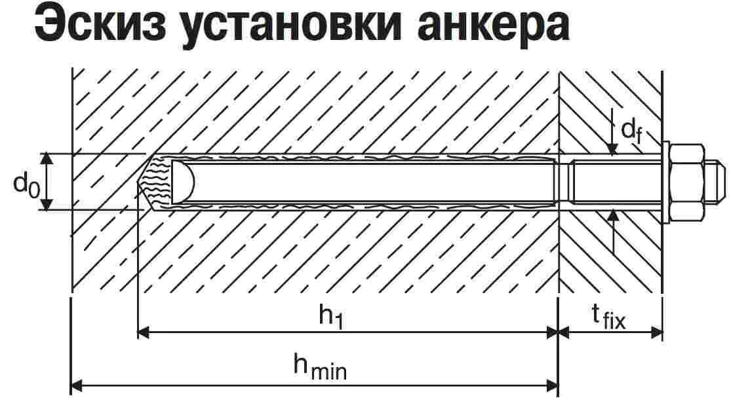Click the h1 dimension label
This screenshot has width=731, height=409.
point(331,316)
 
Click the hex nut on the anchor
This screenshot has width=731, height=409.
point(688,181)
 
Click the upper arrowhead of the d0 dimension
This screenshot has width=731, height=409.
point(46,158)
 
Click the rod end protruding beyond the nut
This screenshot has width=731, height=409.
point(716,181)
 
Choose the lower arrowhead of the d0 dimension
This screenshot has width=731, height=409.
point(46,205)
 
